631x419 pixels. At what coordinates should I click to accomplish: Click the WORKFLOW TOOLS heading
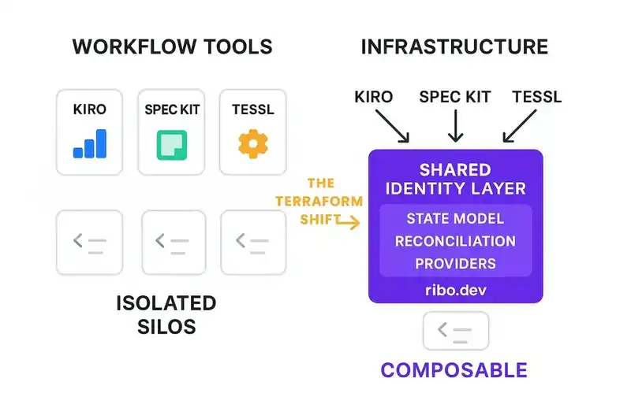tap(172, 46)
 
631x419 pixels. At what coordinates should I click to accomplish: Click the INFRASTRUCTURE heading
tap(454, 46)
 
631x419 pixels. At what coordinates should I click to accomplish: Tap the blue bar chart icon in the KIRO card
tap(89, 144)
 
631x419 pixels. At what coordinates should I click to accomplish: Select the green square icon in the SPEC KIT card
tap(172, 144)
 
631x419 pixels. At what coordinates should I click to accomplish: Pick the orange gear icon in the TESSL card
tap(253, 143)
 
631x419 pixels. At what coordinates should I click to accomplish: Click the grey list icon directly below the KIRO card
tap(89, 243)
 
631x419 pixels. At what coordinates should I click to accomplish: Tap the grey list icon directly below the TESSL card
tap(253, 243)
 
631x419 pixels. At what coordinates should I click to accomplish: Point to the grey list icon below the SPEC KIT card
tap(173, 243)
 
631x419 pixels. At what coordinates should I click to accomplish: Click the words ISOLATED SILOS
tap(166, 313)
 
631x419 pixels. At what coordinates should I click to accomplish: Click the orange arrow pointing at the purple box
tap(347, 224)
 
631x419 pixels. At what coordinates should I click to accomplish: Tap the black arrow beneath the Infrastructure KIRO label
tap(393, 126)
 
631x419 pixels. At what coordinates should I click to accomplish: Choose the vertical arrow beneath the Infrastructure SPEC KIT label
tap(455, 124)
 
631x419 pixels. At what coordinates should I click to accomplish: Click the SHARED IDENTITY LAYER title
tap(456, 180)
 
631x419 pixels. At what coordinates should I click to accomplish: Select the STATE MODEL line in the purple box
tap(456, 218)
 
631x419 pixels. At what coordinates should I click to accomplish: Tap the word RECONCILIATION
tap(456, 241)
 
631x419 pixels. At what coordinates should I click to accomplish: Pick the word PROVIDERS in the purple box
tap(456, 263)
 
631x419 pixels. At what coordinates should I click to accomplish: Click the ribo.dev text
tap(456, 289)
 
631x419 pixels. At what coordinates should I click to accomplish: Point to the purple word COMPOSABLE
tap(454, 369)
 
